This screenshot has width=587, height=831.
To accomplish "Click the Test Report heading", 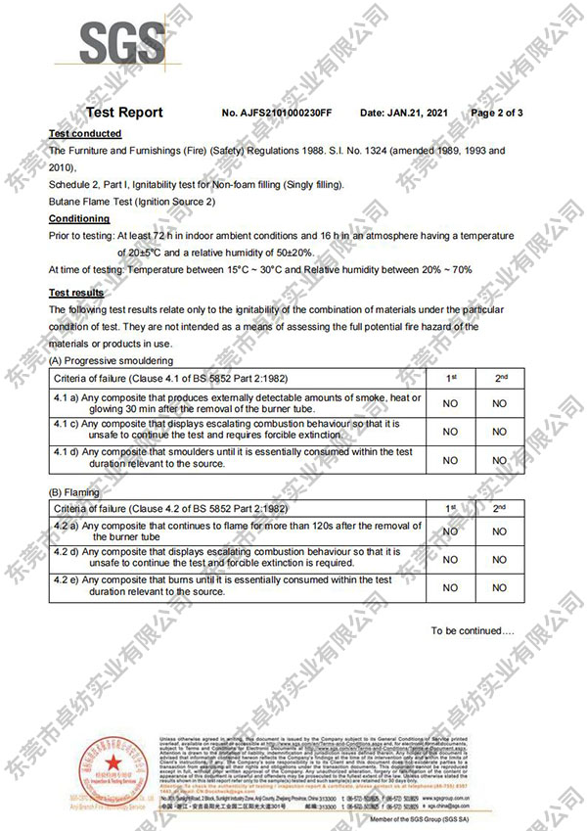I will (x=124, y=113).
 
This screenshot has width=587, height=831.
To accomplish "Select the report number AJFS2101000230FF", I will (x=278, y=114).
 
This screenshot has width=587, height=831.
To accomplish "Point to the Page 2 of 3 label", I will (x=497, y=114).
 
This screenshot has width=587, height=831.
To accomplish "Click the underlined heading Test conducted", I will (x=85, y=133).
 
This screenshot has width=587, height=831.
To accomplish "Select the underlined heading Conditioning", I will (x=79, y=218).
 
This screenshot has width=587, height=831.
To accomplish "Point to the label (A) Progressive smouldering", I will (x=113, y=361).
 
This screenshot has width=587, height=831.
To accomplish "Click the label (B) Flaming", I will (x=74, y=492).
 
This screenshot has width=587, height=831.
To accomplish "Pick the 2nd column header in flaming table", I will (x=500, y=508).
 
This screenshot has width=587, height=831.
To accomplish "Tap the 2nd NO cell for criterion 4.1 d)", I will (x=500, y=458).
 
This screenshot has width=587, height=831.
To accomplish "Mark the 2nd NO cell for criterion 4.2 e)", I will (x=500, y=587).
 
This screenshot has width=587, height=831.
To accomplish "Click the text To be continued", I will (x=473, y=631).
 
